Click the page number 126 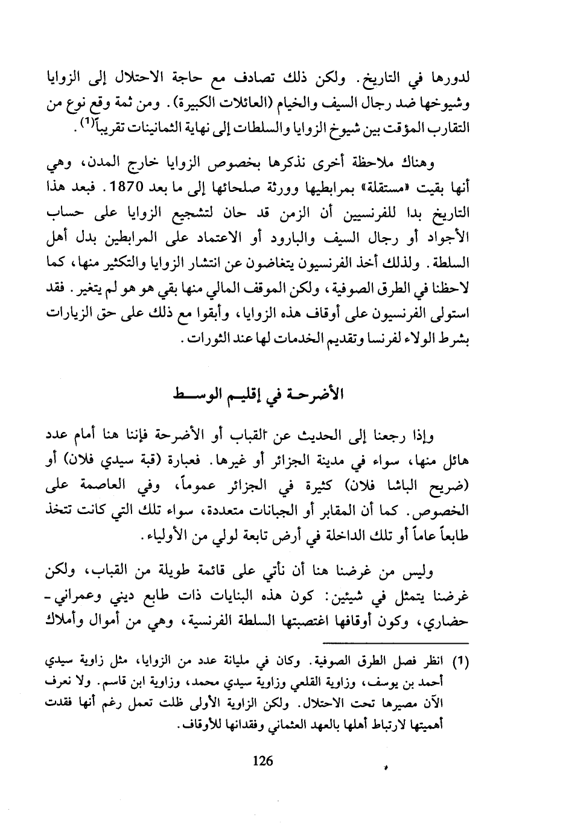[262, 761]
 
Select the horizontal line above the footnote [395, 644]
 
